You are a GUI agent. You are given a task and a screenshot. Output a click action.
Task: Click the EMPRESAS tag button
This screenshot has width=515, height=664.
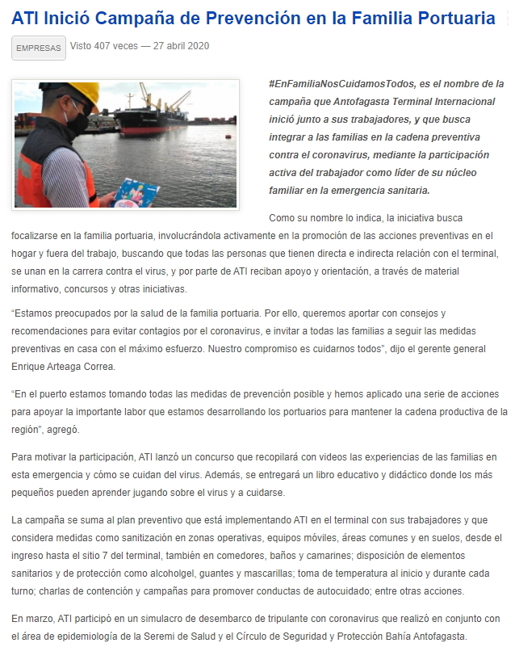point(38,48)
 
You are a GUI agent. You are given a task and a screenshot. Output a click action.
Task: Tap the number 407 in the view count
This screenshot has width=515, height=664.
point(107,46)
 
